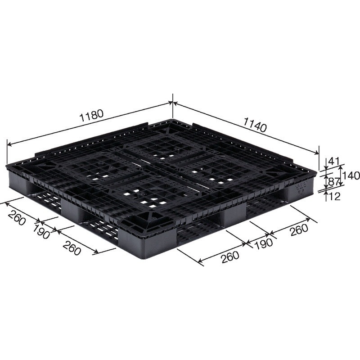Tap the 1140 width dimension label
click(x=255, y=124)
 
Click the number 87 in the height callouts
click(x=333, y=182)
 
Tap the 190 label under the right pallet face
click(x=263, y=243)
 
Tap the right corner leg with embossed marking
click(x=297, y=189)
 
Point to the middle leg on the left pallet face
click(x=74, y=209)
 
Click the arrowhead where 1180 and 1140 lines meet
click(x=172, y=103)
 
